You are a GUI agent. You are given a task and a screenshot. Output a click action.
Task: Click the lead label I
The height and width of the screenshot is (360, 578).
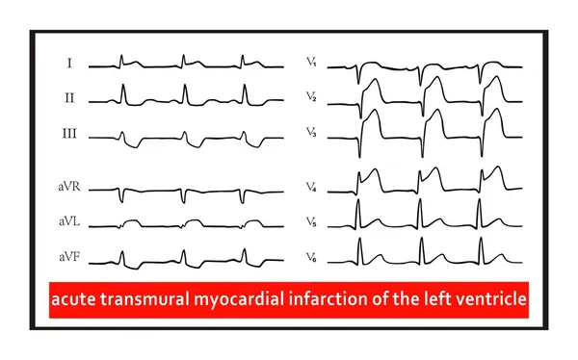[69, 64]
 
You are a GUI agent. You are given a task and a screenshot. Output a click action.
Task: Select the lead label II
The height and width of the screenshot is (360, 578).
[69, 97]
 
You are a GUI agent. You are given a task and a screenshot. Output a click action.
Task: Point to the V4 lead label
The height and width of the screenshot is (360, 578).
[312, 188]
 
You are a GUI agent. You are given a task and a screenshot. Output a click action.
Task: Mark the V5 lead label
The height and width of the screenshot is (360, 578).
[312, 222]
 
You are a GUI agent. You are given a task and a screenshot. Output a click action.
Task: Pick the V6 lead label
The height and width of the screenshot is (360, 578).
[312, 257]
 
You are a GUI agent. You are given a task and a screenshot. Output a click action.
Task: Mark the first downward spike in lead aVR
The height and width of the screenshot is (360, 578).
[122, 196]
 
